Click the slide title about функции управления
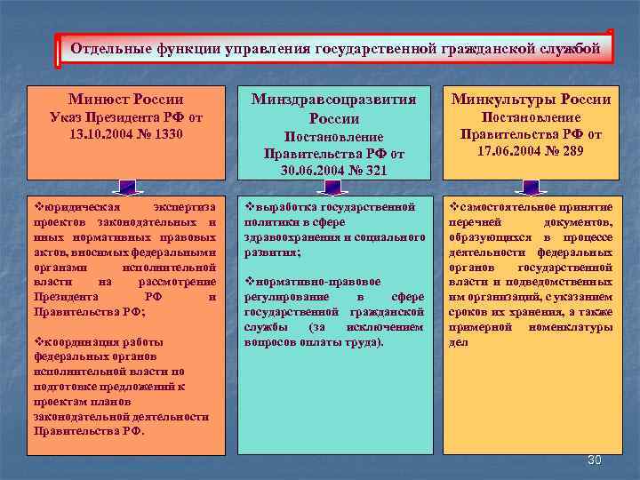click(x=335, y=48)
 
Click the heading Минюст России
click(x=125, y=99)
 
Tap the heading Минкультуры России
click(x=532, y=99)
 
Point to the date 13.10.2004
click(x=100, y=134)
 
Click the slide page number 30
click(x=596, y=460)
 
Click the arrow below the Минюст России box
click(x=125, y=187)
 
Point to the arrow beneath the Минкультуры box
click(x=532, y=187)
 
